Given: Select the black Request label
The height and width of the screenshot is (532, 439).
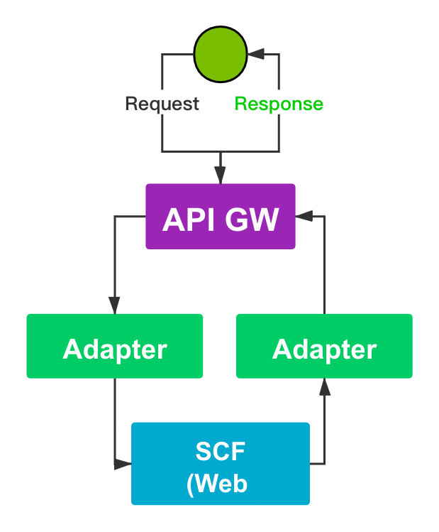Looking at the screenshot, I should coord(162,104).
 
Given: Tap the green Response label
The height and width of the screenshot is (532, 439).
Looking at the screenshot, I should coord(279,104).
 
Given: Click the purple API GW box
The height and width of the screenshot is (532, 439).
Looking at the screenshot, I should coord(220,217).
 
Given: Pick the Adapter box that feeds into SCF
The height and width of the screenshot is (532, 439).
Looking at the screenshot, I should coord(115,346).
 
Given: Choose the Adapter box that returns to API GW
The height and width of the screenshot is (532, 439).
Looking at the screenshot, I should coord(324,346).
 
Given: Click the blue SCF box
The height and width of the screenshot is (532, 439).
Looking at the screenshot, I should coord(221,463).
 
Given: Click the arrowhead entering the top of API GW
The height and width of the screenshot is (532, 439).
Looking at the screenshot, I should coord(220,177).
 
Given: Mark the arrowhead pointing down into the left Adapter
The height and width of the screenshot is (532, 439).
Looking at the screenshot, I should coord(115,305).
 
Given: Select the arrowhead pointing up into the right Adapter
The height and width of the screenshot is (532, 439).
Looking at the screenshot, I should coord(324,386).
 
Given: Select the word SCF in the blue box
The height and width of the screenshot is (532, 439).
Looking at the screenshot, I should coord(220,451).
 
